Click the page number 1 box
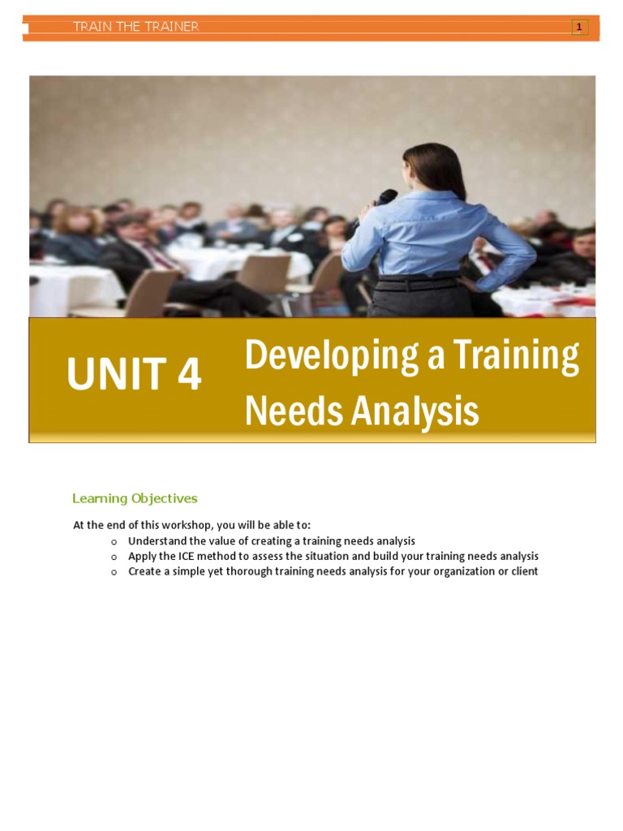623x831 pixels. [579, 28]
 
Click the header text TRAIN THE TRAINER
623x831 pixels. [135, 27]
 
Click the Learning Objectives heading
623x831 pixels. [135, 498]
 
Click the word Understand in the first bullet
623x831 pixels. [157, 540]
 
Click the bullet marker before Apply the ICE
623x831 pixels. [114, 557]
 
